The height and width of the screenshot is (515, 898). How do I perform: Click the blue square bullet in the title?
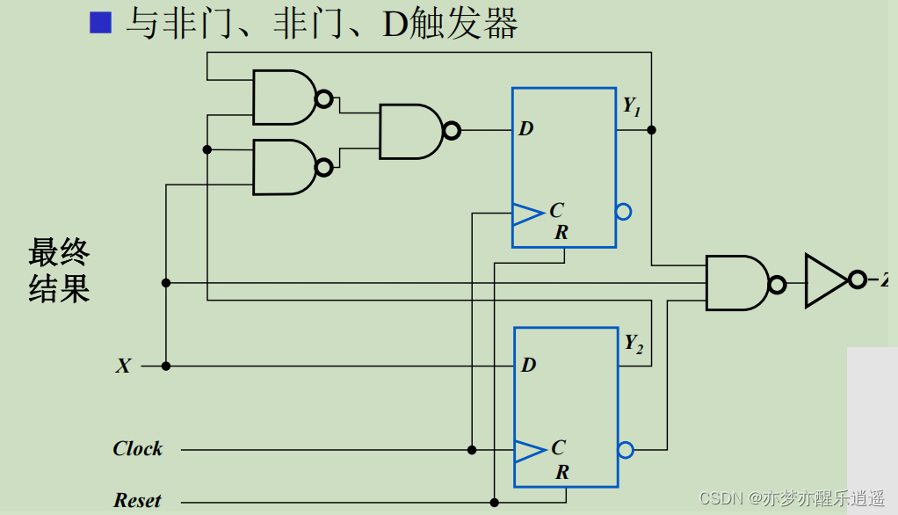[100, 23]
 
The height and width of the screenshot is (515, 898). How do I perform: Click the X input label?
[123, 366]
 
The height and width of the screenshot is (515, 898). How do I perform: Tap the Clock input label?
[138, 449]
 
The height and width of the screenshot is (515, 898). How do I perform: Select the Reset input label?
[137, 501]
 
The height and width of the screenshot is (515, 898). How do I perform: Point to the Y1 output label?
[632, 106]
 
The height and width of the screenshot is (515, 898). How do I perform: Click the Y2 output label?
[634, 344]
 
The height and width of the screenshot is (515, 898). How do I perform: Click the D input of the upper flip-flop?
[525, 129]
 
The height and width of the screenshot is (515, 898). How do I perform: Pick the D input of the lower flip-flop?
[528, 365]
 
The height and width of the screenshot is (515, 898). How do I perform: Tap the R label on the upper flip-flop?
[561, 233]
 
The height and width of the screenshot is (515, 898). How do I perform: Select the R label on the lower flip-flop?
[562, 473]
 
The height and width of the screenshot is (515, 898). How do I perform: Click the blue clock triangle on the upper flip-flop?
[528, 212]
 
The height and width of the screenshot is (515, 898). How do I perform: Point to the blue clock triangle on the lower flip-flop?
[530, 450]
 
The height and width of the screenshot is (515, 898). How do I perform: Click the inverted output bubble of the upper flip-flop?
[624, 212]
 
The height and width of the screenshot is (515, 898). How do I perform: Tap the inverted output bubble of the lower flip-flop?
[626, 450]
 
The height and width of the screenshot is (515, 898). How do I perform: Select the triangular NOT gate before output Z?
[827, 280]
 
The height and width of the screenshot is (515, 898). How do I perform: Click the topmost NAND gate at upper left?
[285, 98]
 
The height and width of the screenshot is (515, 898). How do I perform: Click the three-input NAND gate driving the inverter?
[738, 283]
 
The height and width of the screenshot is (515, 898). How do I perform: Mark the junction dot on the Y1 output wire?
[651, 130]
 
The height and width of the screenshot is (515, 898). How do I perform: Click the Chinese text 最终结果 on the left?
[59, 271]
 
